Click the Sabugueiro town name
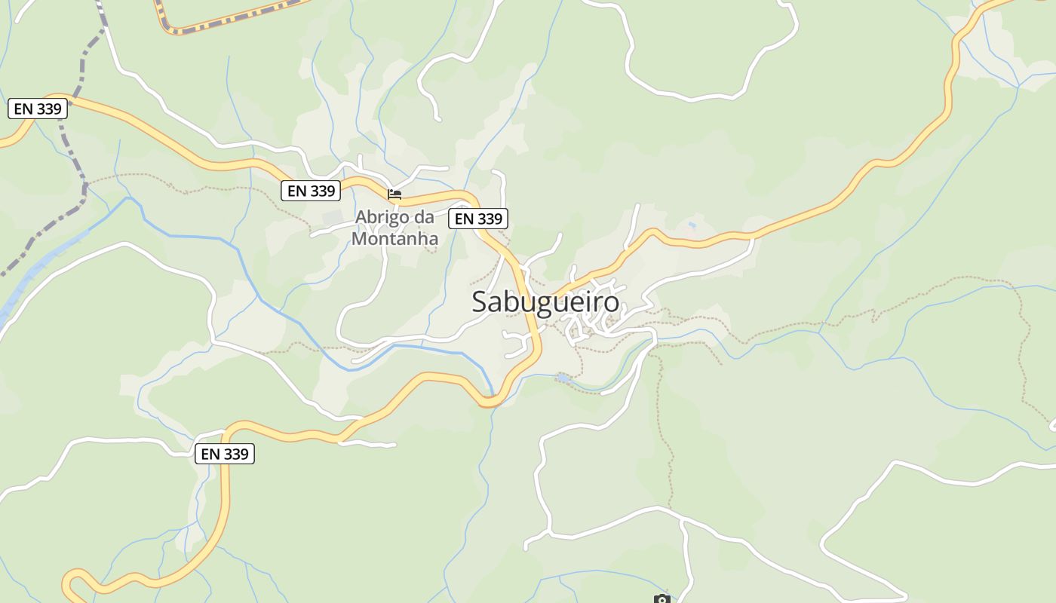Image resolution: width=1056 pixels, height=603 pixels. tap(545, 301)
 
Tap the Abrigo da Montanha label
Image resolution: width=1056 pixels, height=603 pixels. tap(394, 228)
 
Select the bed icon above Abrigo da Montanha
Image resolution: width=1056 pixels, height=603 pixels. tap(394, 194)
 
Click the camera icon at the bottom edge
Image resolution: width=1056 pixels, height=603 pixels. tap(662, 599)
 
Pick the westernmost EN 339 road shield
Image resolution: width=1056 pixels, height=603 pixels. tap(38, 109)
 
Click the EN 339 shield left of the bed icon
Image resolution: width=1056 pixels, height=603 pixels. tap(311, 191)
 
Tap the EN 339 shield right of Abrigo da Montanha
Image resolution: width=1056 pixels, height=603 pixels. tap(478, 219)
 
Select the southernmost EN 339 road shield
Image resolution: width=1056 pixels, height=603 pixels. tap(225, 454)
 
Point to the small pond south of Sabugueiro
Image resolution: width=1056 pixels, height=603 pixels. tap(563, 377)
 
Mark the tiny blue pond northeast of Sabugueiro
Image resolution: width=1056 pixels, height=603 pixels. tap(692, 225)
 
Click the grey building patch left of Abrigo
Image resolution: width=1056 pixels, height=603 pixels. tap(332, 219)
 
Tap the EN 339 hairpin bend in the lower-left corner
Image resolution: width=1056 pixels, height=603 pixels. tap(70, 580)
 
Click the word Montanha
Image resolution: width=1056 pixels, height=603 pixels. tap(394, 238)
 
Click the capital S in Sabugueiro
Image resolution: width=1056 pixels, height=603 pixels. tap(480, 301)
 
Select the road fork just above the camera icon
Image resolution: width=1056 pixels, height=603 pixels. tap(681, 520)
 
